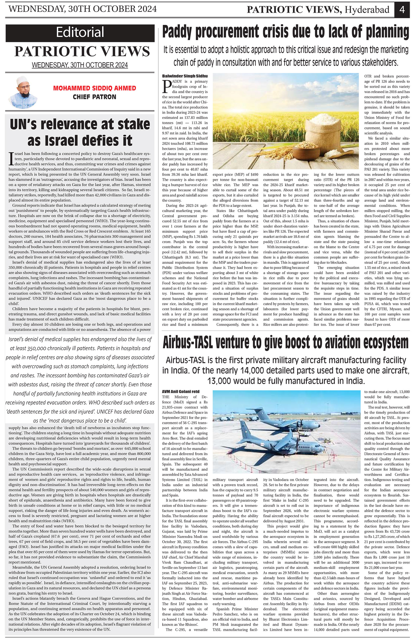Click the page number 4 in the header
tap(402, 10)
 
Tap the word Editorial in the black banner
tap(80, 32)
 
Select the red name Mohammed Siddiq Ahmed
tap(94, 88)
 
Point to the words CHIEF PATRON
tap(94, 97)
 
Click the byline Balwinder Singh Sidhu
tap(185, 76)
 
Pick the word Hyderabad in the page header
tap(367, 10)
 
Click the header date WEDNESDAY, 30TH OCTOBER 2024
tap(83, 9)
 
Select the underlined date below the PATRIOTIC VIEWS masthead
tap(80, 65)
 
